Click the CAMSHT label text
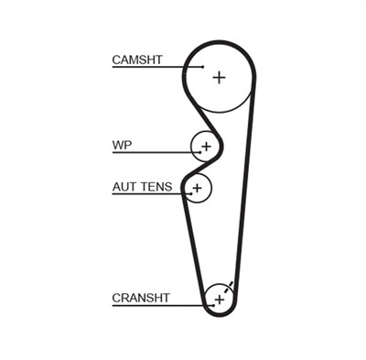[137, 60]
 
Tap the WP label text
[122, 145]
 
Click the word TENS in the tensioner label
[156, 187]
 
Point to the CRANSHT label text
[141, 298]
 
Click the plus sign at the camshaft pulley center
[219, 77]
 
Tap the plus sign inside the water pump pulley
[207, 147]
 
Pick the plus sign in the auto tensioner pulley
[198, 188]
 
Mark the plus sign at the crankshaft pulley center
[220, 300]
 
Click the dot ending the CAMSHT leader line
[203, 67]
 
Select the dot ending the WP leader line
[199, 152]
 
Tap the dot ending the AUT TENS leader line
[190, 193]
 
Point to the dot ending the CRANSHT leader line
[213, 305]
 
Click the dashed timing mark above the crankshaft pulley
[229, 287]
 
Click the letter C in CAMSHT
[116, 60]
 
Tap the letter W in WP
[118, 145]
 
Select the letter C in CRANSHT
[116, 298]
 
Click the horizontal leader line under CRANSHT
[163, 305]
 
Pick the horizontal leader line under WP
[156, 152]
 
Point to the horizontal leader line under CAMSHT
[157, 67]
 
